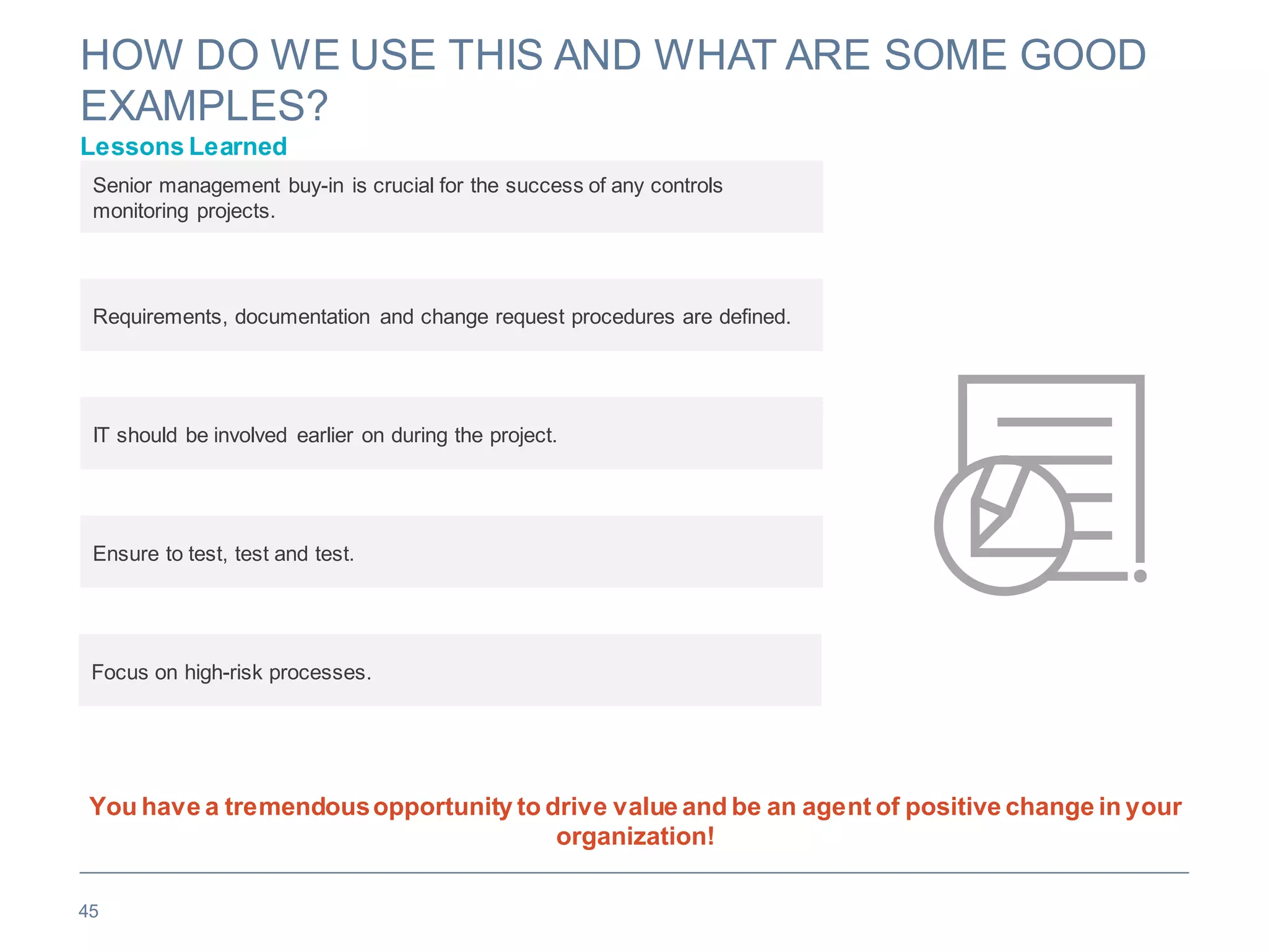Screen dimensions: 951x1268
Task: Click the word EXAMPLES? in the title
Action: click(204, 106)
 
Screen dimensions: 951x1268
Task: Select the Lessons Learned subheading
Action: click(184, 147)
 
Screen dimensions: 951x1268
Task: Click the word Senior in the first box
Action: click(122, 186)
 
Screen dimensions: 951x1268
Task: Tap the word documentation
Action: click(302, 317)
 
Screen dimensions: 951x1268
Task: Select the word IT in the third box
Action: click(101, 435)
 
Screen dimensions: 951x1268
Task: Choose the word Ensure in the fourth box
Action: click(126, 554)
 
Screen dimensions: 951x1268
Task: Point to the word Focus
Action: click(119, 672)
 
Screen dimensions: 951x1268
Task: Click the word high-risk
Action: click(224, 672)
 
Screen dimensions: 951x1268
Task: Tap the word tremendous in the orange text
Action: click(297, 807)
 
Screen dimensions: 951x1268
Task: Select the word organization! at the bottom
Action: click(635, 836)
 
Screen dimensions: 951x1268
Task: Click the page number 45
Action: click(89, 911)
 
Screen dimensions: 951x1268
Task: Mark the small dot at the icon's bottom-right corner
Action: click(1140, 576)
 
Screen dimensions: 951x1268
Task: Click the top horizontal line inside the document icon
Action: click(1054, 422)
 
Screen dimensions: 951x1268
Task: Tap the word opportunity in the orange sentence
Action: click(443, 807)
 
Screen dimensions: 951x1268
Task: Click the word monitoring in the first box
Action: click(141, 211)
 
